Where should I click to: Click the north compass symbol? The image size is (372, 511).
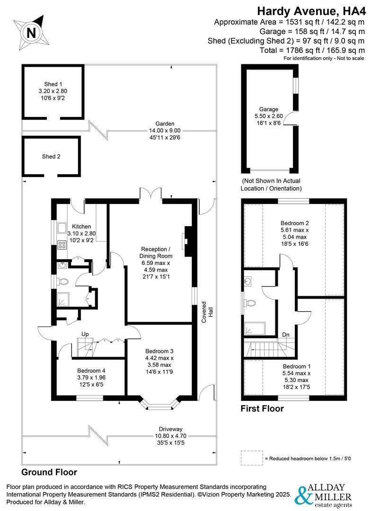(x=31, y=32)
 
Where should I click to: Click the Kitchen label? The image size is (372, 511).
(x=81, y=233)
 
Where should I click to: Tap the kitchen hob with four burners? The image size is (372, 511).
(x=62, y=245)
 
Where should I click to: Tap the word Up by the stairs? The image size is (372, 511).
(x=85, y=334)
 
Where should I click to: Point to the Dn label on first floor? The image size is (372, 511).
(x=286, y=335)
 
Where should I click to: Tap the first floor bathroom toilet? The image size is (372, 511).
(x=251, y=303)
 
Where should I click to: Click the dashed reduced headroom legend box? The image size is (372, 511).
(x=251, y=458)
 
